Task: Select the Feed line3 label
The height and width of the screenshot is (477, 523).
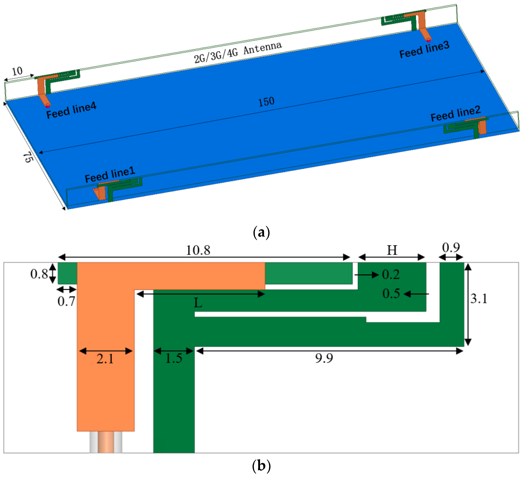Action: click(424, 49)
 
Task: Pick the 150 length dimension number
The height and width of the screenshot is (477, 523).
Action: click(266, 101)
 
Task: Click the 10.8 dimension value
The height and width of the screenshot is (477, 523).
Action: click(198, 250)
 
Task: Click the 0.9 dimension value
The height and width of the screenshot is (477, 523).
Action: click(451, 248)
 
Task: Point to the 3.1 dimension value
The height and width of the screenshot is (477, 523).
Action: click(479, 298)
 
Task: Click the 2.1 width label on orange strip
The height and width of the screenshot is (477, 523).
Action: click(105, 359)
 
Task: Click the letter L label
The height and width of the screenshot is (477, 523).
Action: click(198, 303)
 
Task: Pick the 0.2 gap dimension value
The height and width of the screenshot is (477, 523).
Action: click(391, 274)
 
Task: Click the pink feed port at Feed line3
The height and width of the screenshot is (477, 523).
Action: click(428, 40)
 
